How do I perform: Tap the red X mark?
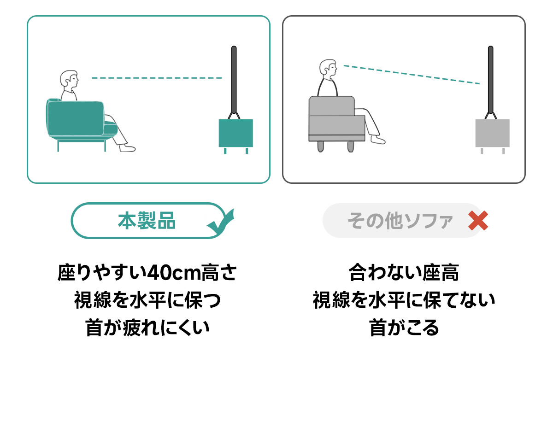click(478, 221)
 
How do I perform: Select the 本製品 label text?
click(147, 221)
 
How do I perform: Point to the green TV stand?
click(235, 133)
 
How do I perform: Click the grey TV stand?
click(492, 133)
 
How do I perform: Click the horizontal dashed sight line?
click(157, 78)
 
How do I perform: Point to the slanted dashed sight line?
click(411, 75)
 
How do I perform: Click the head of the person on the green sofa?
click(69, 81)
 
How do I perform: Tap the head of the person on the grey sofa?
click(328, 69)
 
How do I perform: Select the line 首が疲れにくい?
click(147, 328)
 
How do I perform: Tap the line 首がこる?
click(404, 328)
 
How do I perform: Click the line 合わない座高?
click(404, 273)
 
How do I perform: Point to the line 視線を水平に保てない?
click(404, 300)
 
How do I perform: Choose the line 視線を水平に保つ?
click(147, 300)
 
